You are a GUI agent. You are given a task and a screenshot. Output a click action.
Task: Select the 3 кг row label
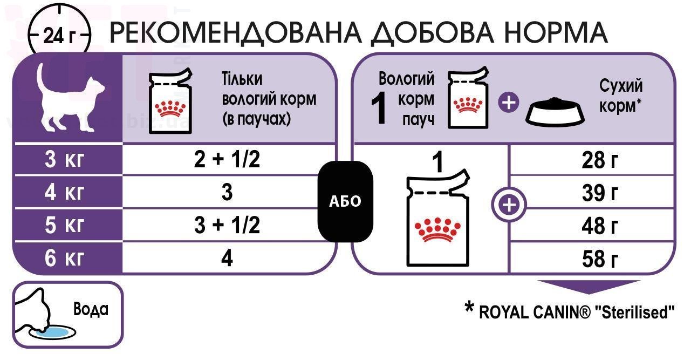tap(64, 160)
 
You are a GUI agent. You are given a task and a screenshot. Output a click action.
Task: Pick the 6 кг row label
tap(64, 259)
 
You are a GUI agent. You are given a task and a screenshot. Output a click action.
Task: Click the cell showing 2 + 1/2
tap(227, 160)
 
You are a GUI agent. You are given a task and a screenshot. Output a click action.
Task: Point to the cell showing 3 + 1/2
tap(227, 225)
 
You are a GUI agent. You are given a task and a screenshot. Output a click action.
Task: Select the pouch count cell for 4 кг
tap(227, 193)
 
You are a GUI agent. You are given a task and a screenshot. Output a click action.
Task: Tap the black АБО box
tap(345, 201)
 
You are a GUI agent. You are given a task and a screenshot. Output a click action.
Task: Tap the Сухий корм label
tap(621, 96)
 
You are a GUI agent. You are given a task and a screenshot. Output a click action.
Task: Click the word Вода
tap(90, 309)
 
